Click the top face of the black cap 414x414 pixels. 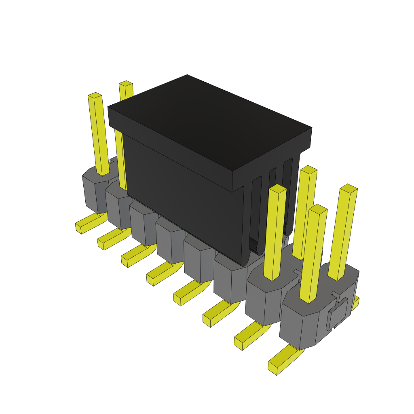pos(210,121)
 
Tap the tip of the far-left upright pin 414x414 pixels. pos(95,95)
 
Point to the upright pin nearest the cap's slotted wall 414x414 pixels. pos(275,230)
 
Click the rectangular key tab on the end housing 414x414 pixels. pos(338,314)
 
